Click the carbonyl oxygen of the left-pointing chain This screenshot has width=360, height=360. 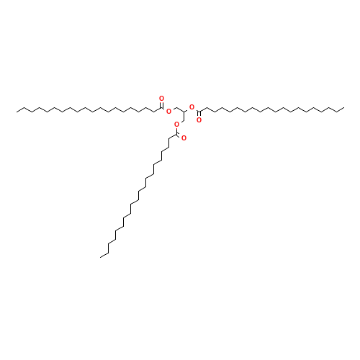(x=161, y=98)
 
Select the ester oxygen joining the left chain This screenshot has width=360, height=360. (x=168, y=111)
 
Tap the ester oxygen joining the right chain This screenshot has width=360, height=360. (x=192, y=107)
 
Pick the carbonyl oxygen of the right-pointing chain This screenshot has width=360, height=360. (x=199, y=120)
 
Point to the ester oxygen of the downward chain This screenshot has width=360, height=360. (x=176, y=124)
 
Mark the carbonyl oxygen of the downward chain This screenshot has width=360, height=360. (x=184, y=138)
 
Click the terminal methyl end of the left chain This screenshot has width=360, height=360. (x=17, y=110)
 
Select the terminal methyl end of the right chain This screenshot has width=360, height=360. (x=343, y=110)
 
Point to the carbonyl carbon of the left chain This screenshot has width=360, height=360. (x=163, y=108)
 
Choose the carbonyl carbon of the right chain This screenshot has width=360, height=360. (x=198, y=112)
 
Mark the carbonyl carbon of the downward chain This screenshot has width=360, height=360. (x=177, y=133)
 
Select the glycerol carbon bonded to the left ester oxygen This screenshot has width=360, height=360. (x=176, y=108)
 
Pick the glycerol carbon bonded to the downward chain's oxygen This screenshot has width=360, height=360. (x=182, y=121)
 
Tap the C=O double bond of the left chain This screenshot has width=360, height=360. (x=162, y=103)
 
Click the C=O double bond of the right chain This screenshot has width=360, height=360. (x=198, y=116)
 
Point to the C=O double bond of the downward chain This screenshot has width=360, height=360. (x=181, y=135)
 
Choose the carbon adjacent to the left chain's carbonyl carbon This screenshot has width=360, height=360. (x=154, y=112)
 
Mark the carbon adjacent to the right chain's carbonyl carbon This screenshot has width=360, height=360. (x=206, y=108)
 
